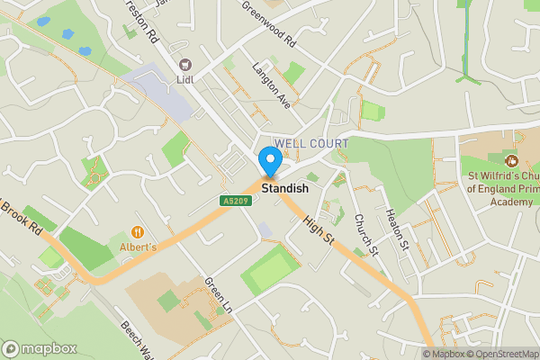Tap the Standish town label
285,189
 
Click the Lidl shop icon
187,64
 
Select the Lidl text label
187,78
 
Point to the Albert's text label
138,247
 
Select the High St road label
319,229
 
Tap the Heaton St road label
397,229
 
